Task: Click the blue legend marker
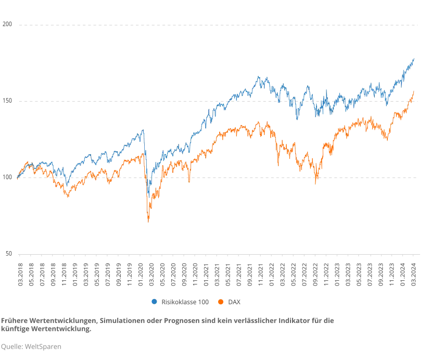coord(154,301)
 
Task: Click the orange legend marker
coord(221,301)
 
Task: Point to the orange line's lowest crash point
coord(148,223)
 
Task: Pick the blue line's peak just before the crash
coord(143,130)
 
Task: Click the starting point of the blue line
coord(18,178)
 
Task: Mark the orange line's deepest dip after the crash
coord(315,185)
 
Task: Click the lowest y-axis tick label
coord(7,254)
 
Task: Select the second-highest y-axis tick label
coord(7,102)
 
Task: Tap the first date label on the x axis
coord(22,275)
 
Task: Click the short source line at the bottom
coord(31,345)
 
